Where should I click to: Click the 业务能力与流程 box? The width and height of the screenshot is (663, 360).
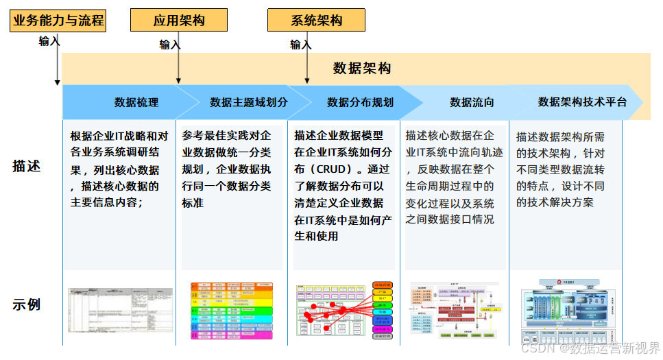[58, 21]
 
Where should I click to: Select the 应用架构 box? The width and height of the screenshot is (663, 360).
[179, 21]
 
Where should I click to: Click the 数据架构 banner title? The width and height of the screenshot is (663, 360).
[362, 68]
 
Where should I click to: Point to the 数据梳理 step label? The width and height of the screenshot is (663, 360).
[136, 102]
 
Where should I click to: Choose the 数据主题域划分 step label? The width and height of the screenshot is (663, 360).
[249, 102]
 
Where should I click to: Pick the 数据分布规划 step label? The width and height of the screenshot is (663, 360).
[360, 102]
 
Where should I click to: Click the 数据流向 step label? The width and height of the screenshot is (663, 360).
[472, 102]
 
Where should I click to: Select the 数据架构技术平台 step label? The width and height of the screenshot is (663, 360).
[582, 102]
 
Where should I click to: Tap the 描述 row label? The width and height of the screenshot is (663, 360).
[27, 166]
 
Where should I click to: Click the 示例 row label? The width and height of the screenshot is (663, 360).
[27, 304]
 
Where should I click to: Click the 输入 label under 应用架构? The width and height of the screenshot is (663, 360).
[170, 45]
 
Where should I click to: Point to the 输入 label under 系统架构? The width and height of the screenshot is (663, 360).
[300, 45]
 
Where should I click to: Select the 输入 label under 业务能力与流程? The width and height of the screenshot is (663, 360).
[49, 41]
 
